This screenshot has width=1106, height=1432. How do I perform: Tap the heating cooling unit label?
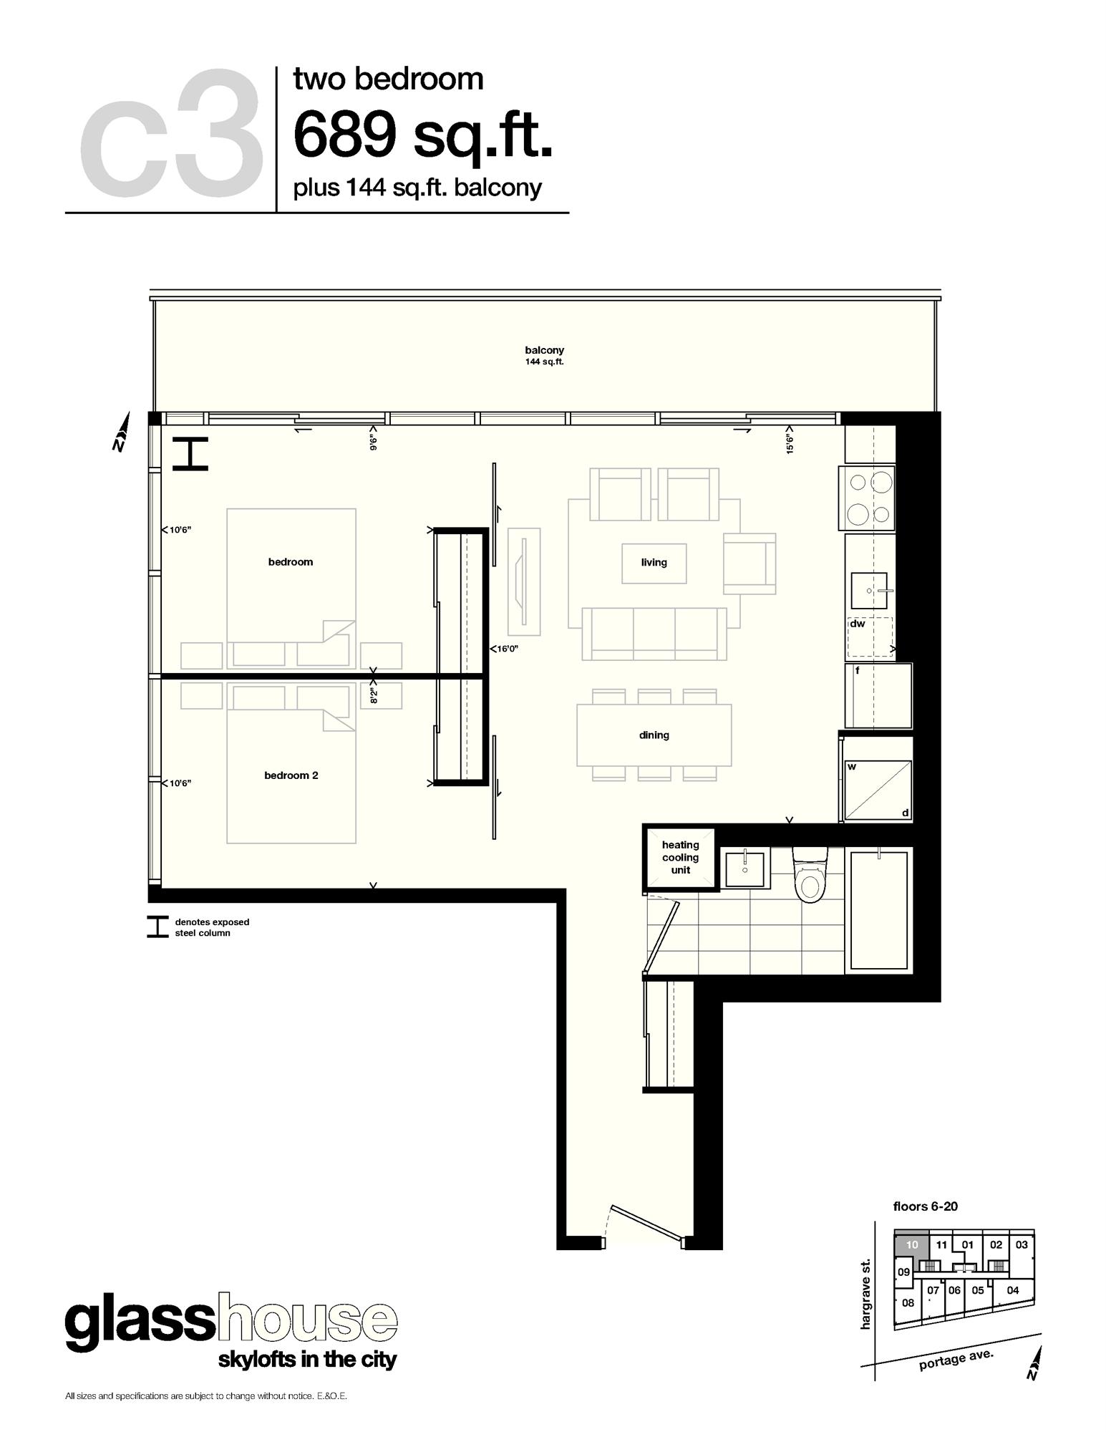(680, 857)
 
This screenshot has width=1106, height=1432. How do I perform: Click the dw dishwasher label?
(858, 624)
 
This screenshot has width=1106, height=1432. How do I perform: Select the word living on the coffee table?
(654, 563)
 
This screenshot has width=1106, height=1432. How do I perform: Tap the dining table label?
(654, 735)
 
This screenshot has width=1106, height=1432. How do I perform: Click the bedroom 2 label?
(291, 775)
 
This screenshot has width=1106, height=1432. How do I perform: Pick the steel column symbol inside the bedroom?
(190, 454)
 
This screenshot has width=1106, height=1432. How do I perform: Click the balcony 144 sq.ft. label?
(544, 355)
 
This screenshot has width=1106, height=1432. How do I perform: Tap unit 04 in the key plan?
(1012, 1290)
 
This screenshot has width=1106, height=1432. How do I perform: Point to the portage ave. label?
(956, 1360)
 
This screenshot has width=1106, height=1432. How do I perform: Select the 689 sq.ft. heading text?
(422, 135)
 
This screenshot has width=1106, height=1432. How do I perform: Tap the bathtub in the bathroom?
(878, 909)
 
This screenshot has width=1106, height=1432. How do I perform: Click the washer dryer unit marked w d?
(878, 790)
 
